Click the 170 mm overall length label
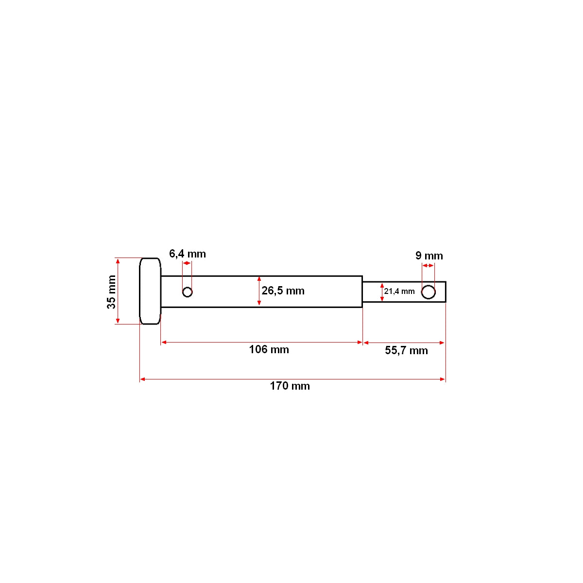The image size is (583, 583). coord(290,386)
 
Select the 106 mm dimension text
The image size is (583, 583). coord(269,349)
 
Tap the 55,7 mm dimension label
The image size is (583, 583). coord(406,350)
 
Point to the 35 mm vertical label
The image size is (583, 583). coord(112,291)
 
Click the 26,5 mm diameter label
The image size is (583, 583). coord(283,291)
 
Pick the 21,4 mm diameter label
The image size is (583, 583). coord(399,291)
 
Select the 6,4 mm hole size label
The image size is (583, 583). coord(187,254)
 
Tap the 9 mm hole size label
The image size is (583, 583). coord(429,256)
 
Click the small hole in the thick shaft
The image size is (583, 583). coord(188,292)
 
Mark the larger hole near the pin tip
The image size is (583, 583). coord(428,292)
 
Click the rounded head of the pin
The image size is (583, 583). coord(150,291)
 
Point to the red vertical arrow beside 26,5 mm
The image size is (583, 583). coord(259,291)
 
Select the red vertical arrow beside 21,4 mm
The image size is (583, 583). coord(382,291)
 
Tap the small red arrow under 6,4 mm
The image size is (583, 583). coord(187,263)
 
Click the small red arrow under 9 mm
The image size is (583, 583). coord(428,265)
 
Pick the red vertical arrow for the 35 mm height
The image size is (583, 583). coord(118,291)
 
